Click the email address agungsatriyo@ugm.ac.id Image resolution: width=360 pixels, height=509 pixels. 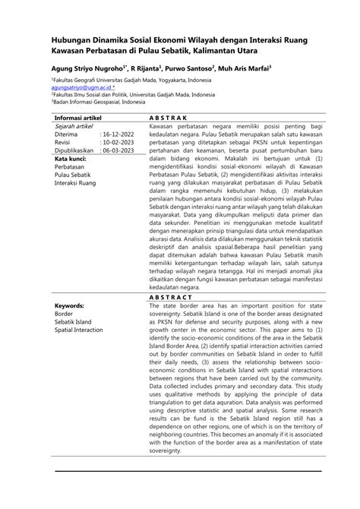click(x=82, y=87)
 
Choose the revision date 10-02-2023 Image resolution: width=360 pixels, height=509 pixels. click(x=118, y=142)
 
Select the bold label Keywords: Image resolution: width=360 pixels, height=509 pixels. click(x=69, y=306)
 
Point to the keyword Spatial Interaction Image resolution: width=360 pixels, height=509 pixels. click(x=78, y=331)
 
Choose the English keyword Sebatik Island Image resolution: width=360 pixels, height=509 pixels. click(x=74, y=323)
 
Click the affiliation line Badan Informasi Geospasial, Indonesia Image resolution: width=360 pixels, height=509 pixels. click(x=98, y=102)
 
